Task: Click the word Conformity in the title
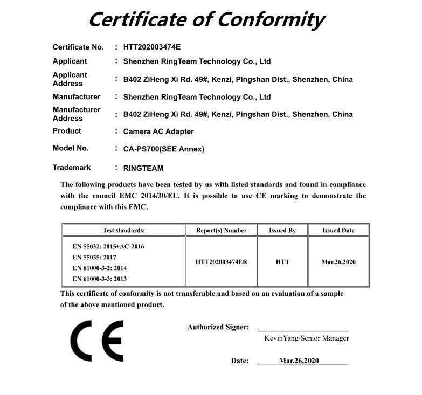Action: [271, 20]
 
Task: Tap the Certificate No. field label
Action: [78, 47]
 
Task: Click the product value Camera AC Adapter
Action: [158, 131]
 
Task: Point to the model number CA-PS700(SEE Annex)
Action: [164, 149]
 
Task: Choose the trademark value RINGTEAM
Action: [143, 169]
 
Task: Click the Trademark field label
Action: [72, 168]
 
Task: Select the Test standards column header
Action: [124, 230]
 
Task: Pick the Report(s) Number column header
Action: [221, 230]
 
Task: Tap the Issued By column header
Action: [282, 230]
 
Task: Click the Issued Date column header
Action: [338, 230]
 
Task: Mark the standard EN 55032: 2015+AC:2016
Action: [108, 246]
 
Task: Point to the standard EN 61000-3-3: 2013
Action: [100, 279]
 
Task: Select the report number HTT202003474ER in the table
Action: [221, 262]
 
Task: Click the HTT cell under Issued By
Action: [282, 262]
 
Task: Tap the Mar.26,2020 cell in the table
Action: [338, 262]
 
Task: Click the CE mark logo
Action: [97, 341]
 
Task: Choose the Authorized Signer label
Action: [218, 327]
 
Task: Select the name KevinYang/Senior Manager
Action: [306, 338]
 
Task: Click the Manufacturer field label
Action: [77, 97]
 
